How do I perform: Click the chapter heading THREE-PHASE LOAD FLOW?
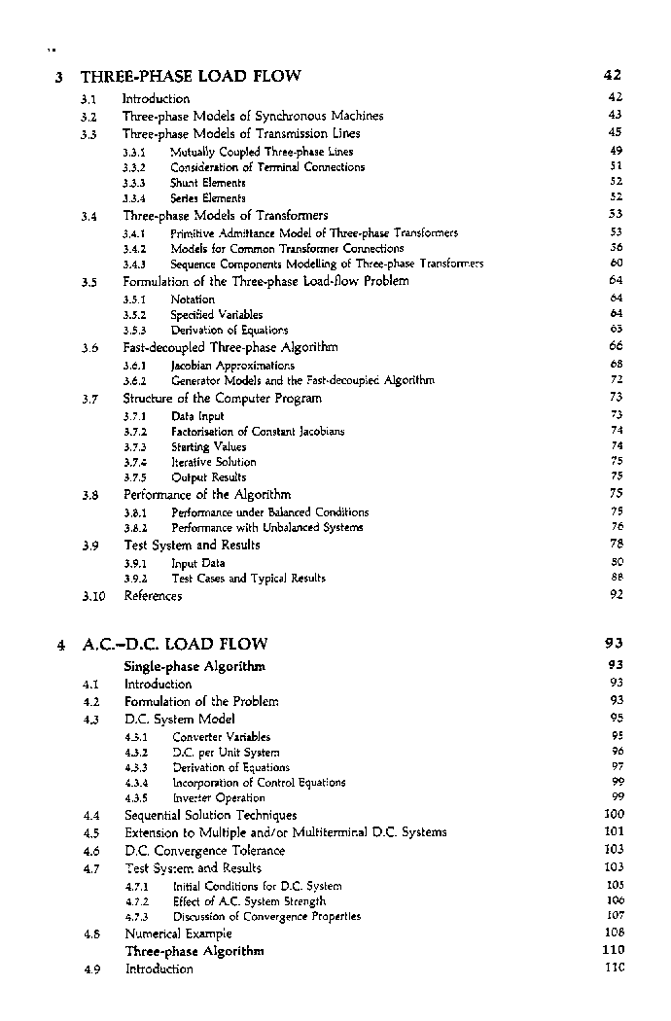191,76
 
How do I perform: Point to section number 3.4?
90,216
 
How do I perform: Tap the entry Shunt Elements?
208,183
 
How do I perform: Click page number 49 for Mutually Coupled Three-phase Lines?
616,152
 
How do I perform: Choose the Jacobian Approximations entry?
232,366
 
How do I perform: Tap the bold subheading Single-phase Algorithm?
194,667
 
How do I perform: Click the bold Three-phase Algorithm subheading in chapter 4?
194,951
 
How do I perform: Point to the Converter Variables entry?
221,737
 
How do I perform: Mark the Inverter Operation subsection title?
218,798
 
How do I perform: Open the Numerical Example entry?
179,933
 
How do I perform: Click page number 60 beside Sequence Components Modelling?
616,264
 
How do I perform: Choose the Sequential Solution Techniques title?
210,816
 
